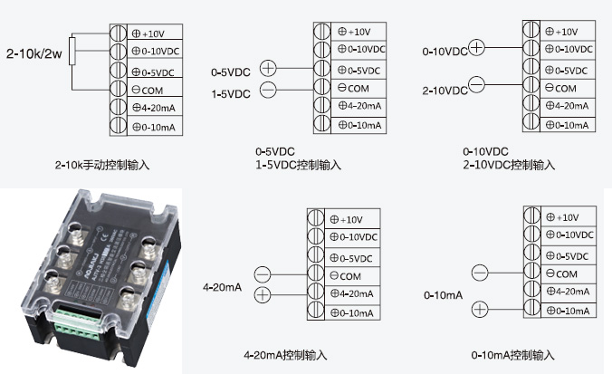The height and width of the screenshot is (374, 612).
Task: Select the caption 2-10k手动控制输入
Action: tap(101, 166)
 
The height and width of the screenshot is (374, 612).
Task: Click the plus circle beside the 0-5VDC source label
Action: tap(268, 67)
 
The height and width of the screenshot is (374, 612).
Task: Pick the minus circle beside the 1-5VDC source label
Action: tap(268, 89)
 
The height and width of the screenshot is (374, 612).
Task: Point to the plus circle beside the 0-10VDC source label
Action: tap(478, 47)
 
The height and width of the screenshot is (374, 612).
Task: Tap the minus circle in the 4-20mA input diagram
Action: tap(263, 273)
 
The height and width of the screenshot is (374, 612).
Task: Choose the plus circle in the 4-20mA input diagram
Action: tap(263, 293)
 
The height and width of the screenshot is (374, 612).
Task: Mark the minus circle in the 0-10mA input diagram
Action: tap(481, 270)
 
